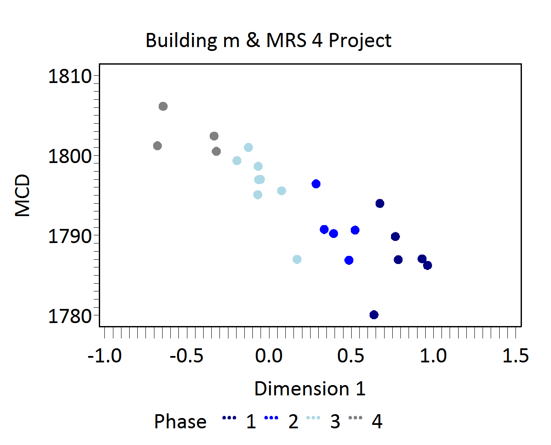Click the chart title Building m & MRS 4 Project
(268, 41)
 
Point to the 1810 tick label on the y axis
(70, 77)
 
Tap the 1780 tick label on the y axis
(70, 317)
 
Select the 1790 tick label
(70, 237)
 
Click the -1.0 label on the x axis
(104, 356)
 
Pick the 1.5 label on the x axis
(515, 356)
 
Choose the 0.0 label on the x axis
(269, 356)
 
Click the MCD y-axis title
(23, 195)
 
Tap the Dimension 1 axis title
(310, 389)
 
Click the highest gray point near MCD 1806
(163, 107)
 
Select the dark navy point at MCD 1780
(374, 315)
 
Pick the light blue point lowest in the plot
(297, 259)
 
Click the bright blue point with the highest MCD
(316, 184)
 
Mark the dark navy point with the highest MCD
(380, 203)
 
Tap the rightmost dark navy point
(427, 265)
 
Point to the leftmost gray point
(157, 146)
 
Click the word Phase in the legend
(180, 422)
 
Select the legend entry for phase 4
(366, 422)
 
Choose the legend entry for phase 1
(240, 422)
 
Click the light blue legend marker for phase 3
(314, 418)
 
